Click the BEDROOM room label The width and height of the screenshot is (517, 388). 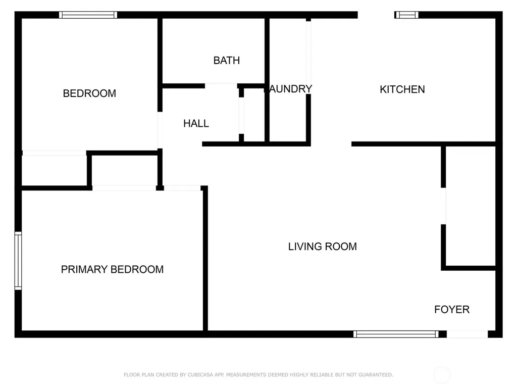point(89,93)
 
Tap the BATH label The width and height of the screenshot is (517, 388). point(227,61)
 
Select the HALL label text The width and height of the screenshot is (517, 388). point(196,123)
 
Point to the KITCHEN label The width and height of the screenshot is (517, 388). point(402,89)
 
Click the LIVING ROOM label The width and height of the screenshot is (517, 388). point(323,247)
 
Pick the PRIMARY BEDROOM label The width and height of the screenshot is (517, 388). point(112,269)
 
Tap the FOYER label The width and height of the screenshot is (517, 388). point(452,310)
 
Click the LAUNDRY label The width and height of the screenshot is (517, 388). point(290,89)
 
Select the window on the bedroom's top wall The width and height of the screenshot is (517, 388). point(88,15)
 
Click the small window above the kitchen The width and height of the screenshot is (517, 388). point(406,15)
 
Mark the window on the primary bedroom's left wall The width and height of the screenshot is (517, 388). point(18,261)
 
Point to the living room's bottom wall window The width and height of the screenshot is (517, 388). point(396,334)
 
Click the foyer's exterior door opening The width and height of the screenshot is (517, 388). point(467,334)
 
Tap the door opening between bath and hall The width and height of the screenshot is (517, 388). point(221,86)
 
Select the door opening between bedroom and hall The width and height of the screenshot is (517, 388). point(160,130)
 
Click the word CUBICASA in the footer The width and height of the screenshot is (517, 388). point(201,375)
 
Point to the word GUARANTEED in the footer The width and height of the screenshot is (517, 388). point(376,375)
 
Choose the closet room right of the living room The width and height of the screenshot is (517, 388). point(471,206)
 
